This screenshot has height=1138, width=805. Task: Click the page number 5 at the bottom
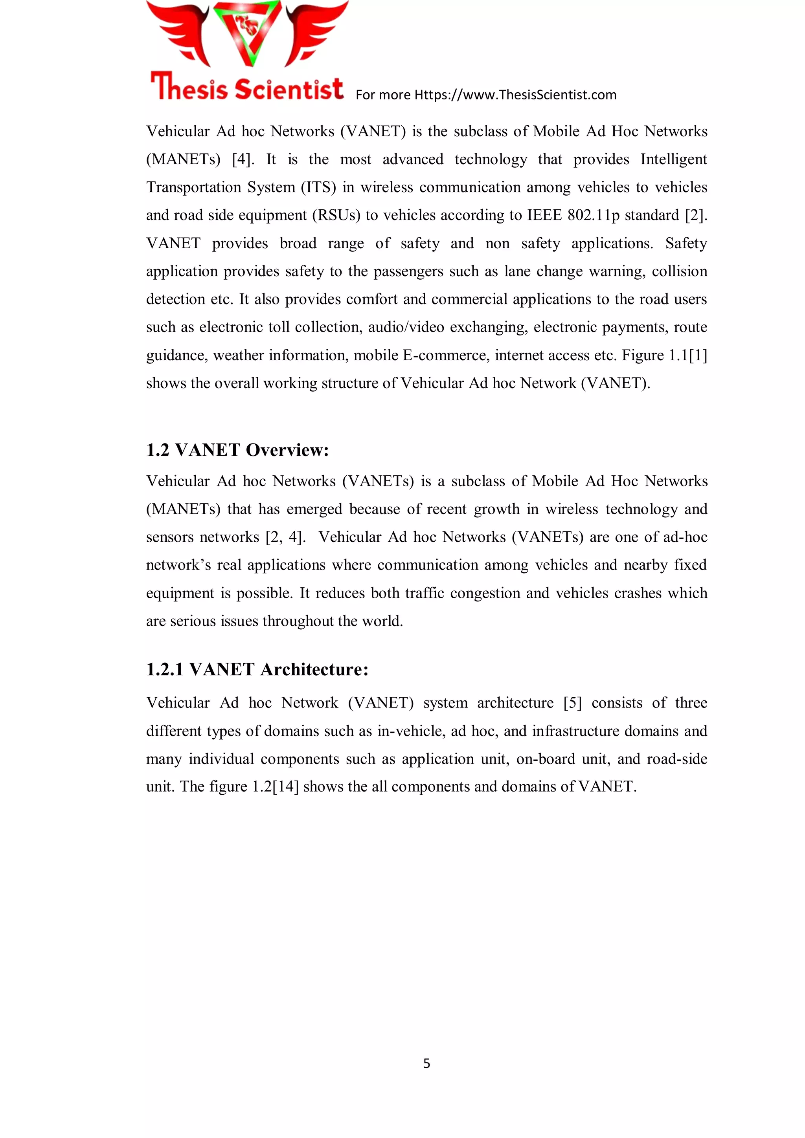(x=426, y=1063)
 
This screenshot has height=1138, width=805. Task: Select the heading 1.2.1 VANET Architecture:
(x=257, y=670)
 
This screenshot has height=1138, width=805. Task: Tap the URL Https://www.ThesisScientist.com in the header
(x=515, y=95)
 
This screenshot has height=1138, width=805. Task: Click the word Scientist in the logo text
(x=288, y=89)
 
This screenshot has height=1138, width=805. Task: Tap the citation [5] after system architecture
(x=572, y=703)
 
